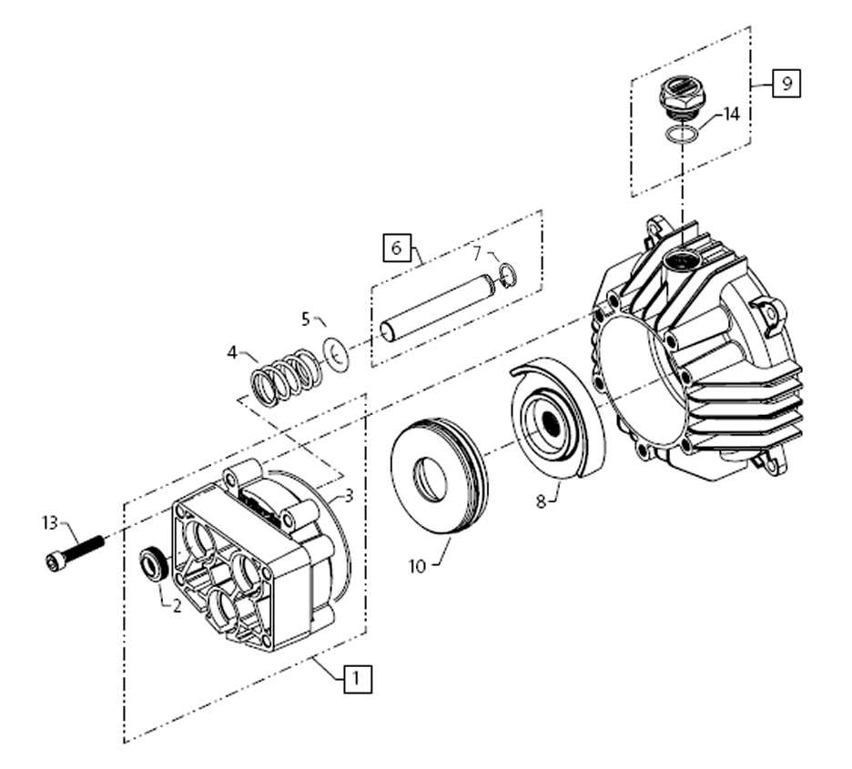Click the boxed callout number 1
(x=358, y=678)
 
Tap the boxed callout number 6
(x=397, y=248)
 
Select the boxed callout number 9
(x=787, y=83)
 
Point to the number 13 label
(x=50, y=522)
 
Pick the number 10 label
(x=417, y=566)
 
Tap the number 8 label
(x=541, y=501)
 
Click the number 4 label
(x=232, y=350)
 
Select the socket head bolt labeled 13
(x=74, y=551)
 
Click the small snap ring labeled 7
(x=509, y=275)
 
